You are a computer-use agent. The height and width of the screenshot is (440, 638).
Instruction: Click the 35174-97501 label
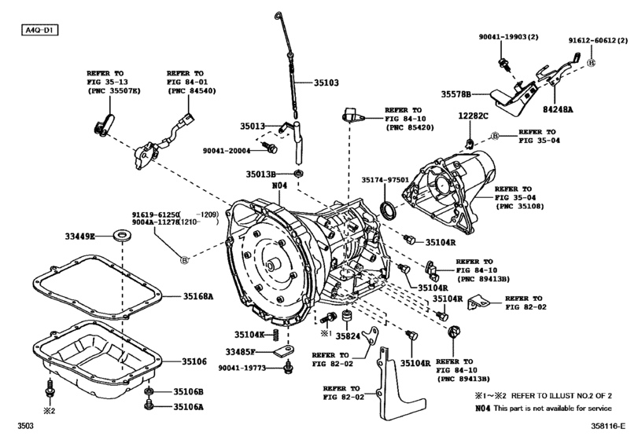coord(385,180)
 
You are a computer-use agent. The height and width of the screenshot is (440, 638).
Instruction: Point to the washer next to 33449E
coord(123,234)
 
